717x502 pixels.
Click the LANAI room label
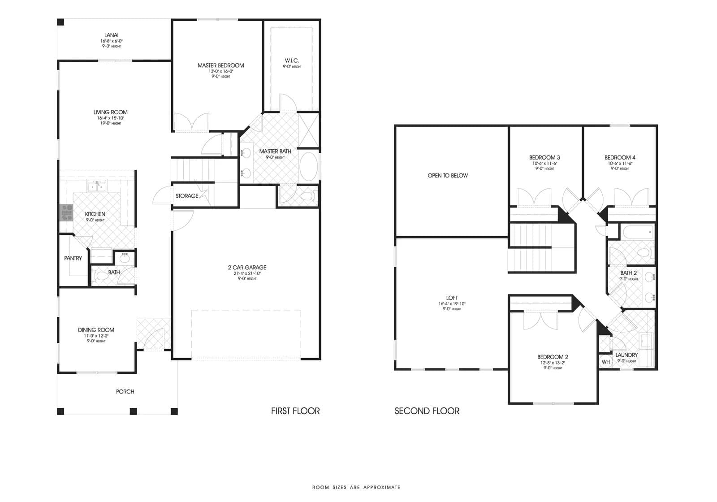coord(111,35)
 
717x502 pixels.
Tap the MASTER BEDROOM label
coord(220,65)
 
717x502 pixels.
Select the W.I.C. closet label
coord(291,61)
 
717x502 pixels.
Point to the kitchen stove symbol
coord(66,212)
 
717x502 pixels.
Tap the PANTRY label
coord(73,258)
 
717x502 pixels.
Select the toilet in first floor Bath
coord(102,276)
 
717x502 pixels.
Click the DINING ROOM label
coord(96,330)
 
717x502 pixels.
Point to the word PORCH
coord(125,391)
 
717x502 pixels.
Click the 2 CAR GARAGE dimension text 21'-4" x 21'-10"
coord(247,273)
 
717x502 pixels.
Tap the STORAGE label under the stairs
coord(187,196)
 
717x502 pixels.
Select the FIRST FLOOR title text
coord(295,411)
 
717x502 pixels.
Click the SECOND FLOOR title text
coord(427,411)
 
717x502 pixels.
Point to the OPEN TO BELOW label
coord(447,175)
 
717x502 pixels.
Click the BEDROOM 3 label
coord(544,157)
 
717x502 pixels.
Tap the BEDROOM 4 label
coord(619,157)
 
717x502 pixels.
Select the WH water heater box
coord(605,362)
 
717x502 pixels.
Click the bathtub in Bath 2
coord(637,232)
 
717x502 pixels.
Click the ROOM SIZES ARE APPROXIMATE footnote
coord(356,487)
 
